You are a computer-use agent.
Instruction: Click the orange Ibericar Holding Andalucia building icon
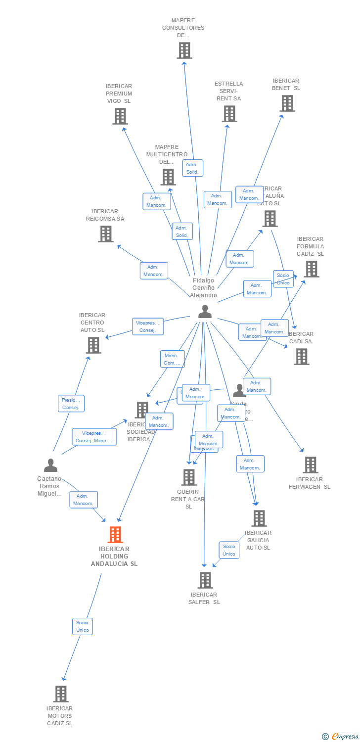(115, 534)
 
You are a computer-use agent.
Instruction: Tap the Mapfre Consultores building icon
(184, 50)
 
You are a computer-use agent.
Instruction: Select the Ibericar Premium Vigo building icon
(120, 116)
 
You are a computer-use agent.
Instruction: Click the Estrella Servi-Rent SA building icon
(229, 114)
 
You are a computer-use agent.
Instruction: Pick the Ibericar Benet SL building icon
(287, 103)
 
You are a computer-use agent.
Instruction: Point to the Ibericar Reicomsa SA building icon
(106, 234)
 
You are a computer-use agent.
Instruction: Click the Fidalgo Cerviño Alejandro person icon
(205, 312)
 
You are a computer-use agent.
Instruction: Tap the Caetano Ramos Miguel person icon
(50, 465)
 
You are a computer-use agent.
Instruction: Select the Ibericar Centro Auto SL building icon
(93, 345)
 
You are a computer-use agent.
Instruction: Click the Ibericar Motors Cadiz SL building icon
(61, 694)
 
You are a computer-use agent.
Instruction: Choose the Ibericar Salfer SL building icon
(205, 580)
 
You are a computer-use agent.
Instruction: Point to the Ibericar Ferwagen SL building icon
(311, 465)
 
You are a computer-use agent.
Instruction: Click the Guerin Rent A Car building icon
(189, 477)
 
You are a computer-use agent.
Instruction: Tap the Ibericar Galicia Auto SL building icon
(259, 518)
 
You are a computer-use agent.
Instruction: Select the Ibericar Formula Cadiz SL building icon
(311, 269)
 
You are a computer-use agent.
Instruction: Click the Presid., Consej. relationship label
(72, 404)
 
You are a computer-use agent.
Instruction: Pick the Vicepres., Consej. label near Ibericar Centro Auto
(148, 326)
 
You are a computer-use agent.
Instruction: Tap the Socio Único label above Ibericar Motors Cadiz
(82, 626)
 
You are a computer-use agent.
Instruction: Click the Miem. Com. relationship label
(173, 359)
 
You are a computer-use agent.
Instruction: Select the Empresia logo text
(345, 737)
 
